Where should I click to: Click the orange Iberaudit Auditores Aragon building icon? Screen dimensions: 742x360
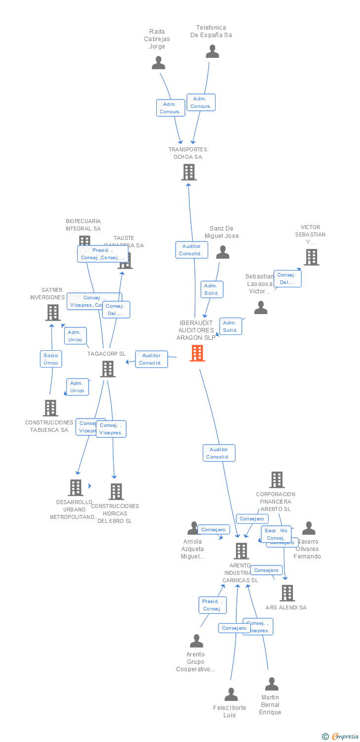point(197,353)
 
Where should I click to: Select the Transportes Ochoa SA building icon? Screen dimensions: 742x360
point(189,172)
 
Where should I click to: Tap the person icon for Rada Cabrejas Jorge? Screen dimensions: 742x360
point(158,63)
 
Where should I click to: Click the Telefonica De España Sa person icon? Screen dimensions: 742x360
point(212,51)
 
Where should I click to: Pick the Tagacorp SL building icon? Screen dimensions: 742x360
point(108,369)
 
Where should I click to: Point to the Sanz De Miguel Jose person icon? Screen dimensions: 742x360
point(223,252)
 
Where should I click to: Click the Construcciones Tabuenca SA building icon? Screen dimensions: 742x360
point(50,408)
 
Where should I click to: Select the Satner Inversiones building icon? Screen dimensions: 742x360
point(53,313)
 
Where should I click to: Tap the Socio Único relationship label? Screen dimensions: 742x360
point(50,359)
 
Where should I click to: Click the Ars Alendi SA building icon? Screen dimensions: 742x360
point(287,593)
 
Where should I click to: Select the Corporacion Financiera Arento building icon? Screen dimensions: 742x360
point(276,480)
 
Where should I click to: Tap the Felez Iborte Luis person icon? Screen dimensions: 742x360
point(231,695)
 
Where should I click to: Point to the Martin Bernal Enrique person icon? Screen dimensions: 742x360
point(271,684)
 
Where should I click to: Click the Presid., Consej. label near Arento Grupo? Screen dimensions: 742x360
point(212,605)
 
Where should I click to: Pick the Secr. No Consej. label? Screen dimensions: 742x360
point(276,534)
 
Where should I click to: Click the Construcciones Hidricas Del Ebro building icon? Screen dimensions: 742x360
point(116,492)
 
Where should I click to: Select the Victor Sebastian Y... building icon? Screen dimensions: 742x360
point(311,257)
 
